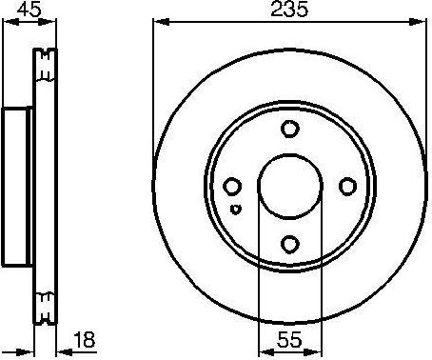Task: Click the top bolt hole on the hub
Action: tap(290, 130)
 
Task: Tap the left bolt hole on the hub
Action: tap(233, 187)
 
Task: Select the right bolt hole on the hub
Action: tap(348, 187)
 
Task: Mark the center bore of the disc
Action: tap(290, 187)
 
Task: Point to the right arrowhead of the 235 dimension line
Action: tap(423, 21)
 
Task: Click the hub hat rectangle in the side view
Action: tap(17, 187)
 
